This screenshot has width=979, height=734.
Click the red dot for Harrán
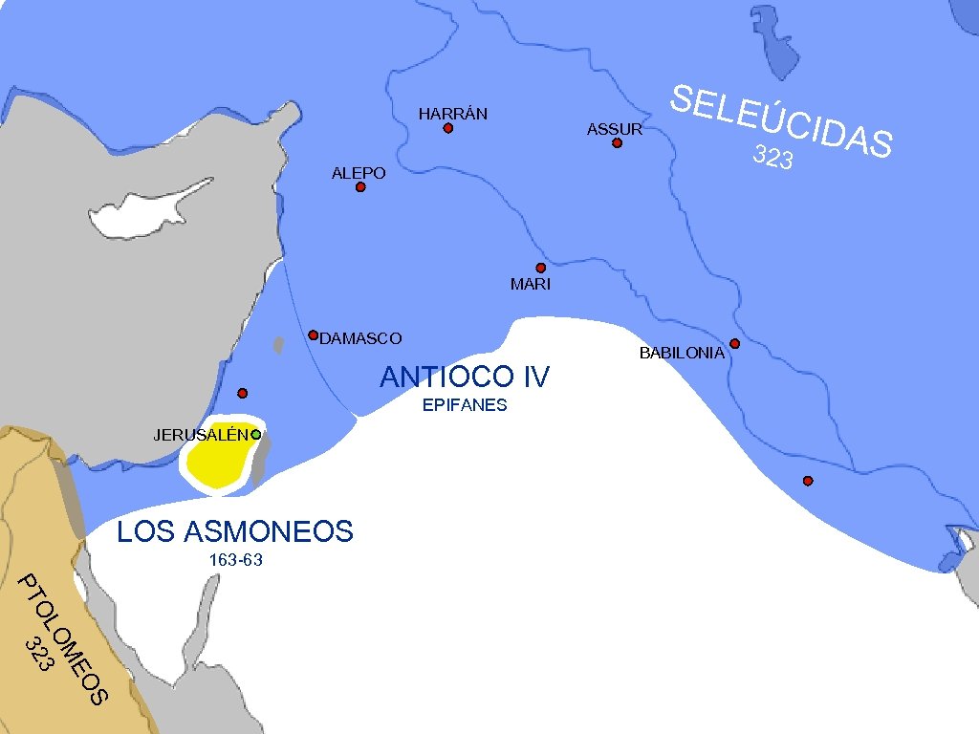[447, 128]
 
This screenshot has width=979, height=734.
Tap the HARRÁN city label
[453, 114]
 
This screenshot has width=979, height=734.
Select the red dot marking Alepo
[360, 187]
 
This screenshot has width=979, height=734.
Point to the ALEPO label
[359, 173]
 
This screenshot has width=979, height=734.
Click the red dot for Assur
[617, 143]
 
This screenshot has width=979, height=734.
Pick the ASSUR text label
[615, 129]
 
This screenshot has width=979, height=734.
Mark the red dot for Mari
[540, 268]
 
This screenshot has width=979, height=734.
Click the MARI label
[531, 285]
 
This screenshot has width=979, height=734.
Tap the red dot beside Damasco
[313, 335]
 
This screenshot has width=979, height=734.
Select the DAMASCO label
[361, 338]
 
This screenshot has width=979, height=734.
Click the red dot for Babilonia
[734, 343]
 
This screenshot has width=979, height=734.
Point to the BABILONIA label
[682, 353]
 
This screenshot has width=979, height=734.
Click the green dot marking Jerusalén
[256, 435]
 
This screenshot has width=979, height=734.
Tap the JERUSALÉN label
[202, 435]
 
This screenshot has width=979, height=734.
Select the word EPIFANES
[465, 405]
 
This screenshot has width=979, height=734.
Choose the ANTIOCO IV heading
[465, 378]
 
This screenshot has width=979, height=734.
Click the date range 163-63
[235, 560]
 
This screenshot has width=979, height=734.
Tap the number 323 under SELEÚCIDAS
[772, 158]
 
